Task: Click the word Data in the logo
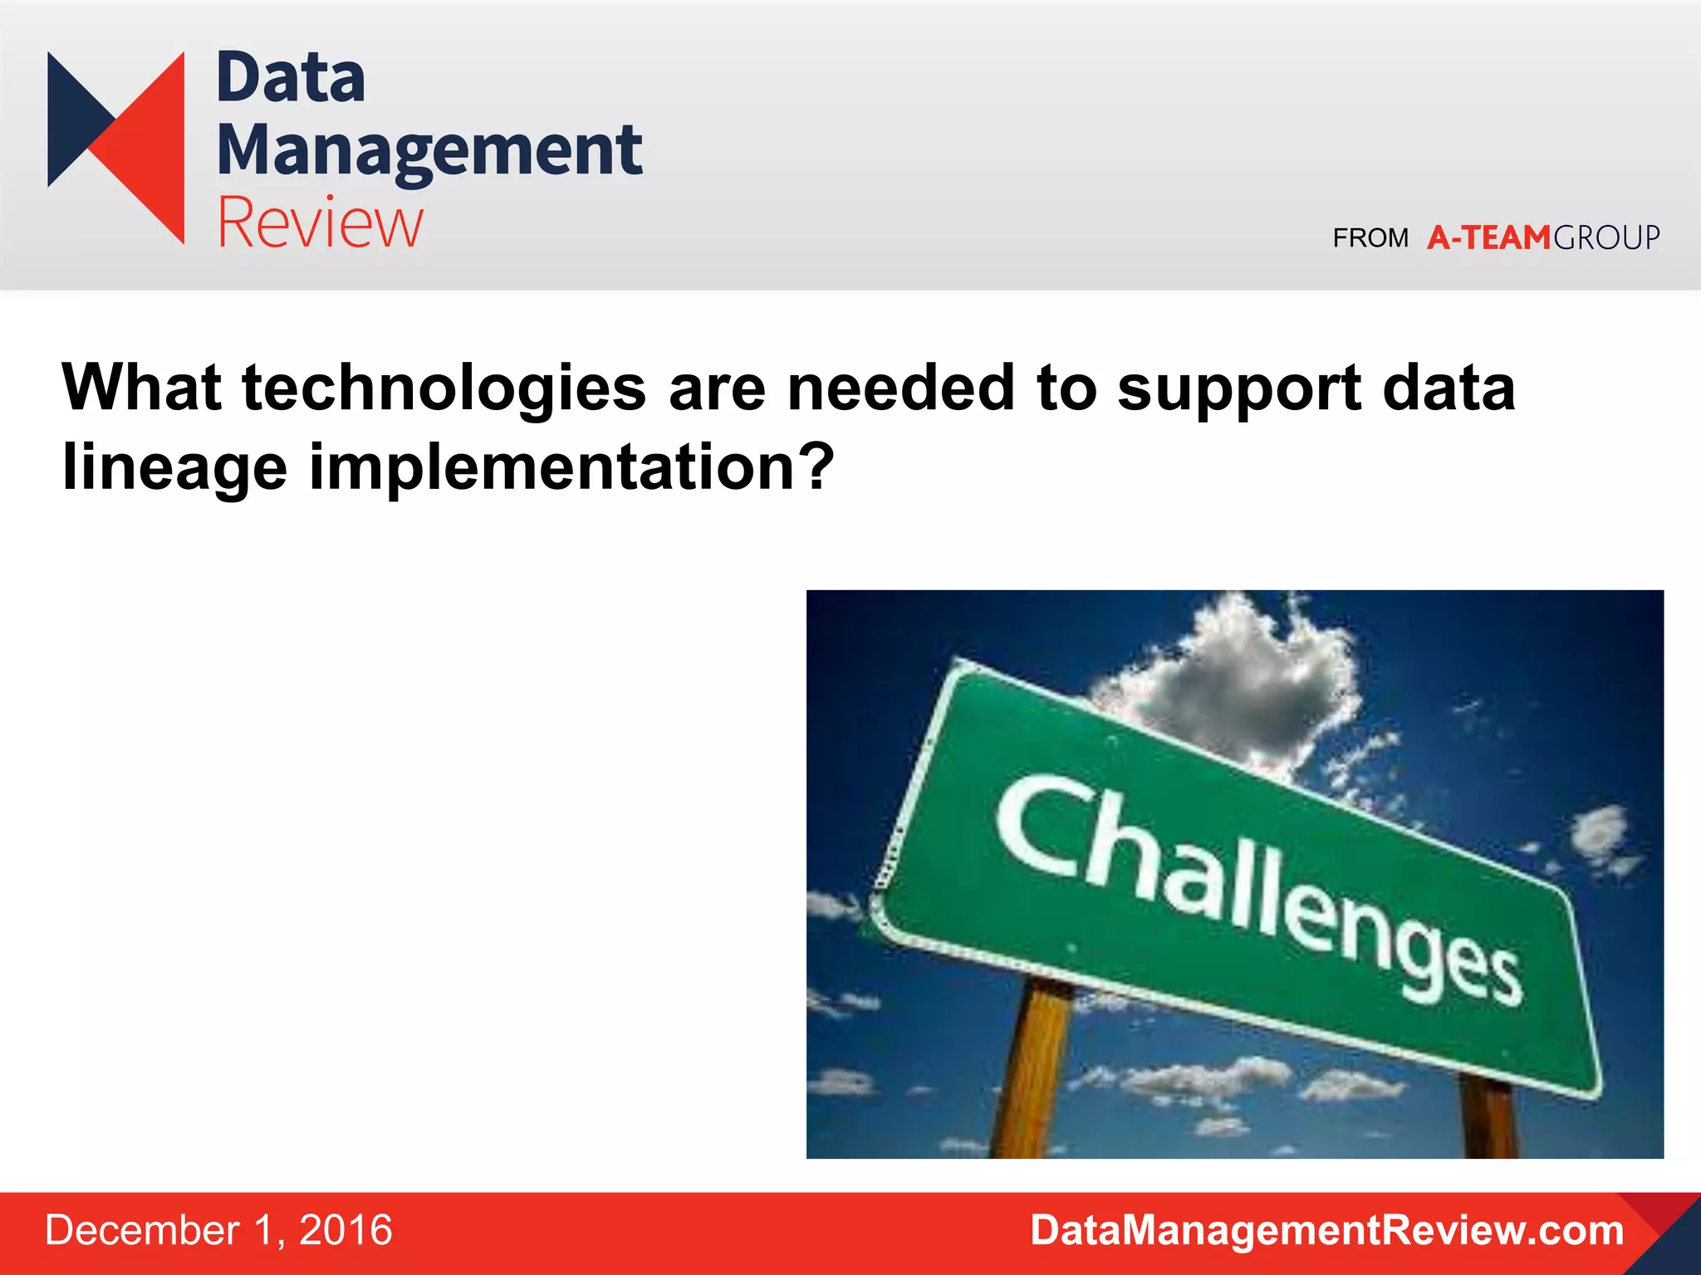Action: (x=290, y=78)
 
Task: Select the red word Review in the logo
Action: (x=320, y=222)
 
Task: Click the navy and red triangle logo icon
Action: (x=116, y=147)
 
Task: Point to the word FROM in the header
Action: (x=1370, y=238)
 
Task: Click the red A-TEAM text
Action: (x=1488, y=238)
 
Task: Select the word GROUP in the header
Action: (x=1606, y=238)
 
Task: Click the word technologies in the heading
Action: (x=444, y=388)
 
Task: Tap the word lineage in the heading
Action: (x=174, y=467)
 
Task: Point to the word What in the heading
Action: (x=141, y=388)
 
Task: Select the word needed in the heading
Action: (x=901, y=388)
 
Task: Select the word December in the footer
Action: (x=142, y=1230)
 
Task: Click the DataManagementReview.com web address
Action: (x=1326, y=1230)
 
